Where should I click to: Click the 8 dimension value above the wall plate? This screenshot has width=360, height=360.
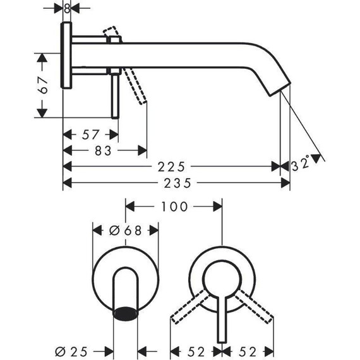point(67,8)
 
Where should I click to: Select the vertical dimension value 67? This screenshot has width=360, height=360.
point(43,86)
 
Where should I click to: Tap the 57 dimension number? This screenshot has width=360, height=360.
point(90,135)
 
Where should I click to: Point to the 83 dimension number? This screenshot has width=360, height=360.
point(105,151)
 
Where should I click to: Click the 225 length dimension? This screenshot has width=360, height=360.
point(171,167)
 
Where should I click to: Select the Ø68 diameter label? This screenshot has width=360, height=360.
point(125,231)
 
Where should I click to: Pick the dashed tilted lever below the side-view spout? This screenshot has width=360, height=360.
point(138,85)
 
